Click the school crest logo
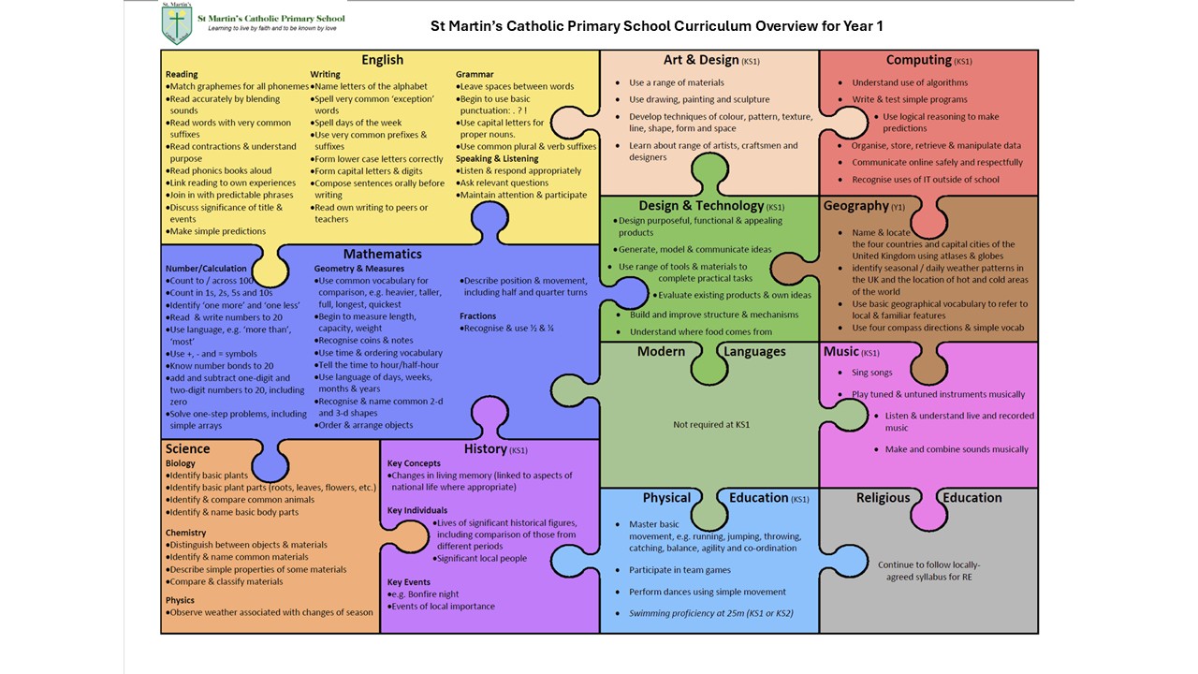(177, 24)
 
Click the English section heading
(383, 60)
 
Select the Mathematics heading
(383, 254)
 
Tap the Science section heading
(187, 448)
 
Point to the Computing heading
(919, 60)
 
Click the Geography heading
(855, 205)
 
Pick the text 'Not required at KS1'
(711, 425)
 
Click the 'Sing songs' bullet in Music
(871, 373)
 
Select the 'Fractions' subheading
(477, 316)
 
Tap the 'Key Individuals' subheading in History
(417, 510)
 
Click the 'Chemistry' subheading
(185, 533)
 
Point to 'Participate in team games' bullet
(679, 570)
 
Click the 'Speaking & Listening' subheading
(497, 159)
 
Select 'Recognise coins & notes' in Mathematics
(366, 340)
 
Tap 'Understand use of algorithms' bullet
(910, 82)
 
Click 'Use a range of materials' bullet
(677, 83)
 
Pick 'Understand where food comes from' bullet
(701, 331)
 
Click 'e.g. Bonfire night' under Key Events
(425, 594)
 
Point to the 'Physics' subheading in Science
(180, 600)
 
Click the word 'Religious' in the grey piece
(883, 497)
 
